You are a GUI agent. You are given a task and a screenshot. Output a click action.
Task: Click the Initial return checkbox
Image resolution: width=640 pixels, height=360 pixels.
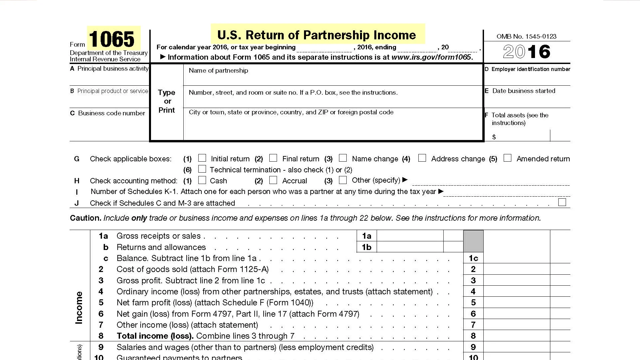click(x=202, y=158)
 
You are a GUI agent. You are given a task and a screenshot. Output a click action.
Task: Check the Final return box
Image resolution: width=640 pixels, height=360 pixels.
click(x=273, y=158)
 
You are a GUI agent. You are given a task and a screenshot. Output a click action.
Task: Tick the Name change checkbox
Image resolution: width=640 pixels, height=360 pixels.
click(x=343, y=158)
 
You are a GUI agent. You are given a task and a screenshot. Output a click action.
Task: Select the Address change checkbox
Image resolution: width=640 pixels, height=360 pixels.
click(x=422, y=158)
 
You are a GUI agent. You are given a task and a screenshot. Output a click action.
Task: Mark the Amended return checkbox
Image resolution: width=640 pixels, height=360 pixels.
click(x=507, y=158)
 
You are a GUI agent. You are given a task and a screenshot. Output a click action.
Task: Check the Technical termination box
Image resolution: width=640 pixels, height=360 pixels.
click(x=202, y=169)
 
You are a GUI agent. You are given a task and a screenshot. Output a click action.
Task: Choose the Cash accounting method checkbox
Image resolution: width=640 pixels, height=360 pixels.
click(x=202, y=180)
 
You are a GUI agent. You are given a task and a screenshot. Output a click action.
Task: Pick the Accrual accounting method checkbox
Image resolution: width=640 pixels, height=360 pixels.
click(x=273, y=180)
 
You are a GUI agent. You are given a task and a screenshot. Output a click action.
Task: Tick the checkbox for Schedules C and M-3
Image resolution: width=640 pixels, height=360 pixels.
click(x=562, y=202)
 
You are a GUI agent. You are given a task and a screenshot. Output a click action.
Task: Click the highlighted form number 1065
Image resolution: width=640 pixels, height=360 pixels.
click(x=112, y=39)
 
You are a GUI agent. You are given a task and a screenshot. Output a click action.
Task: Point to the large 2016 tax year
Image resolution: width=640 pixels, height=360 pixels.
click(x=526, y=52)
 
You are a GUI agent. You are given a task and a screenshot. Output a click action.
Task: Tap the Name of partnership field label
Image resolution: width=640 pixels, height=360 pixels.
click(x=218, y=71)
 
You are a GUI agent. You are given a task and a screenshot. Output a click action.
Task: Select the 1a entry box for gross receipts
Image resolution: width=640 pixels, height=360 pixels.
click(x=410, y=236)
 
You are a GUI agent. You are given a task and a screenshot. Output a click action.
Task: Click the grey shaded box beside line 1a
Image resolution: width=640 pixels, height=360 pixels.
click(x=473, y=241)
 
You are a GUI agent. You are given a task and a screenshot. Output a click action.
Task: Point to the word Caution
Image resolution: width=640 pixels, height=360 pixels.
click(x=85, y=218)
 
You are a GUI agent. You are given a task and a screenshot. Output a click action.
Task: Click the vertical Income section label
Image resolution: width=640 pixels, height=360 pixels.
click(x=79, y=307)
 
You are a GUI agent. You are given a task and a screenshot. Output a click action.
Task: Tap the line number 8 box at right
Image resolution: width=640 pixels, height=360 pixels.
click(x=473, y=336)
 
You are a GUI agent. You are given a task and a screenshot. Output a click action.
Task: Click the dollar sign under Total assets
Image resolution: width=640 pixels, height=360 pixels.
click(x=494, y=137)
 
